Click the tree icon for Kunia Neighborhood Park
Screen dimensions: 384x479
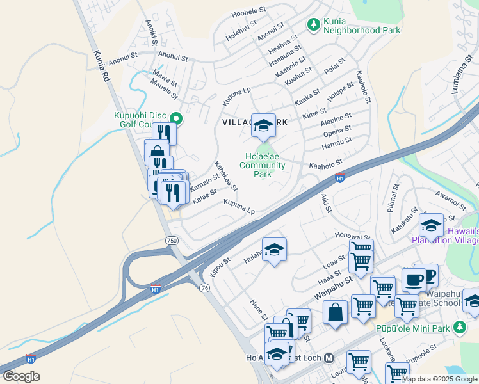313,25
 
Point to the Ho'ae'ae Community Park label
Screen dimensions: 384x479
262,165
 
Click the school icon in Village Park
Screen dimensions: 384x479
263,125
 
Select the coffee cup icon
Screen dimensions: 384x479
414,280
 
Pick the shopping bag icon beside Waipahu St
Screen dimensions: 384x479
335,313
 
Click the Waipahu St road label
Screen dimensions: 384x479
333,289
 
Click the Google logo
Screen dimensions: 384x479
21,376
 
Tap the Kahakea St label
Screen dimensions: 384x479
225,175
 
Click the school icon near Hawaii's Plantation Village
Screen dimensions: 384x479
432,225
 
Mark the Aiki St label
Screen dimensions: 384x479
325,204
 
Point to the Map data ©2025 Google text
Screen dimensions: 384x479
439,379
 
